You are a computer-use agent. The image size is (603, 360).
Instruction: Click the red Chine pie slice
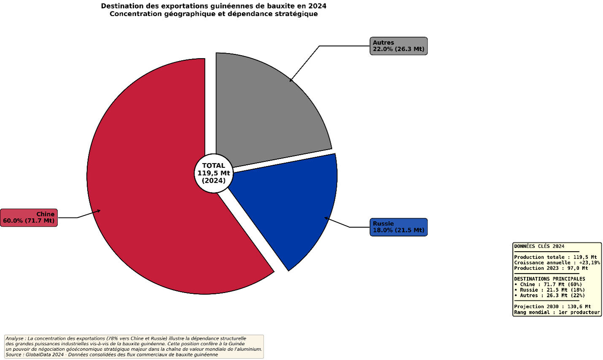tap(148, 177)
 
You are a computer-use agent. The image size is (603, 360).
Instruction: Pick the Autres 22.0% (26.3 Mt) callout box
tap(398, 46)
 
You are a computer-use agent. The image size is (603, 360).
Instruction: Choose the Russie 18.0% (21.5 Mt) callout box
tap(398, 227)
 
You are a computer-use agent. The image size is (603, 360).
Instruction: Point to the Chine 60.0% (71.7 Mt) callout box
tap(29, 218)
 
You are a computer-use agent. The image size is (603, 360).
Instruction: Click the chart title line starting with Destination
tap(213, 6)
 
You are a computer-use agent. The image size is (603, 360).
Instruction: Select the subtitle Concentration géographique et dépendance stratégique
tap(213, 14)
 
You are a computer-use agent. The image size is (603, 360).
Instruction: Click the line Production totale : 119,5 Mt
tap(555, 257)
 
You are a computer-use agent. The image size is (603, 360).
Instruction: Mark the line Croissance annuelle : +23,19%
tap(557, 263)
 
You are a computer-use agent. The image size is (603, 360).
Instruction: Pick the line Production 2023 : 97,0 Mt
tap(551, 268)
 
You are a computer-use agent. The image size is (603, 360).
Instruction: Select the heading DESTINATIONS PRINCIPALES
tap(549, 279)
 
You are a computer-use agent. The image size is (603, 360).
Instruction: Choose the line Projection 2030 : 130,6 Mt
tap(552, 306)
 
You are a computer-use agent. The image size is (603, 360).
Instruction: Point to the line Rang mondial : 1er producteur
tap(557, 312)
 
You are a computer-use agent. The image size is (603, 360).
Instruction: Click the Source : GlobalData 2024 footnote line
tap(112, 355)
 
